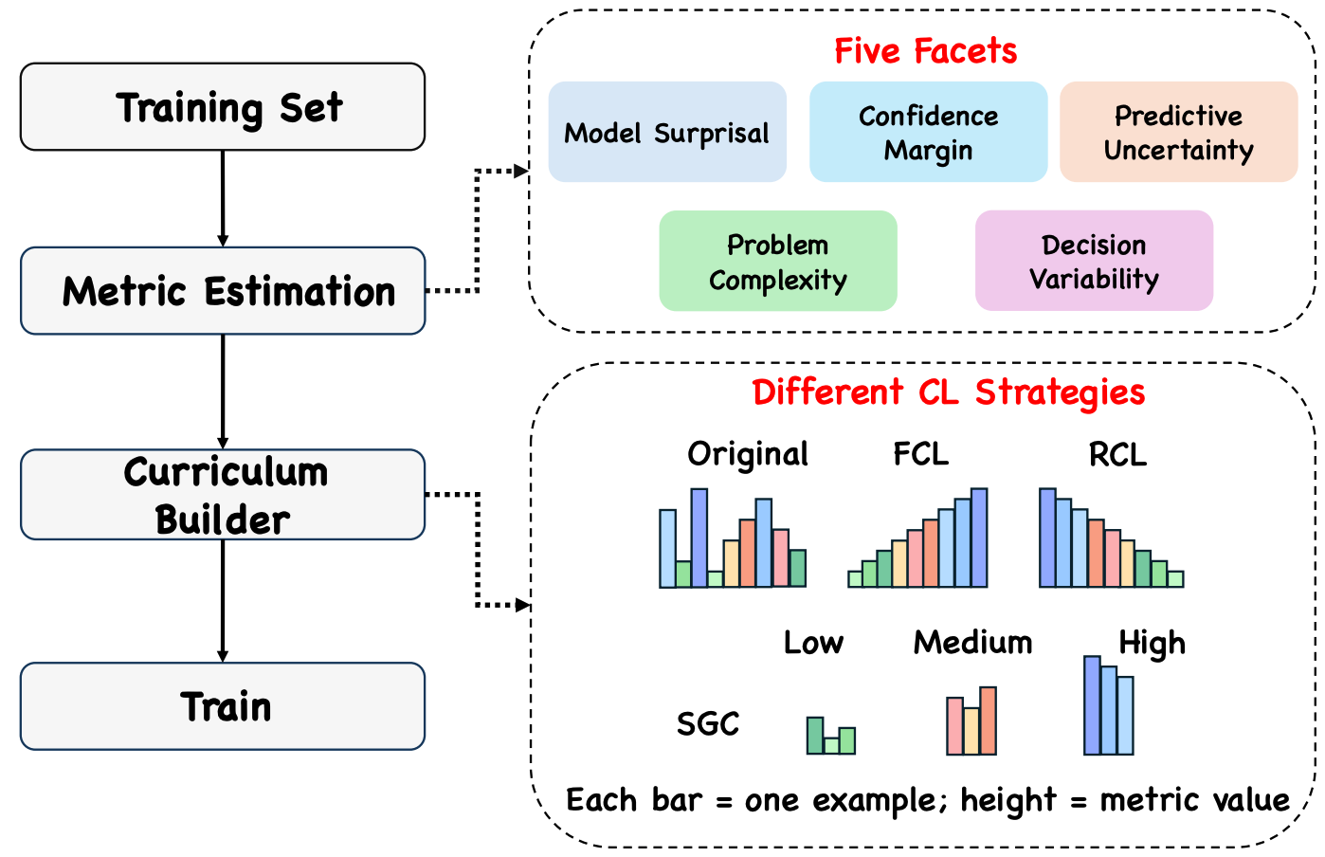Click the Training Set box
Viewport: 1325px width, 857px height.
[223, 107]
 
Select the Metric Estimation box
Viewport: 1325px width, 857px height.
[223, 291]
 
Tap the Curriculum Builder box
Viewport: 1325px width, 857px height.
[223, 495]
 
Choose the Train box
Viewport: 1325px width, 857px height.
[223, 706]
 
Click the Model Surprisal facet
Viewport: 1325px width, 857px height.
[667, 132]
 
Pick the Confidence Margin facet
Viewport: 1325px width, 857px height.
[928, 132]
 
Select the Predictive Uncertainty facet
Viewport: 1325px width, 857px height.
[1178, 132]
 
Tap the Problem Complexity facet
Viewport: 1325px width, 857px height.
[778, 261]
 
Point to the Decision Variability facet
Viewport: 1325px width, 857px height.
[1094, 261]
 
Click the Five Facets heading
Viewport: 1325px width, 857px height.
[925, 50]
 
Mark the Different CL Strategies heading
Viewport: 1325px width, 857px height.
[948, 392]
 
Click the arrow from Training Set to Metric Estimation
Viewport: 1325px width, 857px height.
[223, 198]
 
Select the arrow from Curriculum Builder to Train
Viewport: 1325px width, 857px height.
[223, 600]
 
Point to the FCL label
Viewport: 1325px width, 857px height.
[920, 454]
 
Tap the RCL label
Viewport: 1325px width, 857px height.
[1117, 455]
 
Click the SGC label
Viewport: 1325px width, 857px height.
[707, 724]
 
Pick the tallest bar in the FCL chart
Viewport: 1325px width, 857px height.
[979, 538]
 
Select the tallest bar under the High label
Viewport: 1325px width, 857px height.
[1092, 705]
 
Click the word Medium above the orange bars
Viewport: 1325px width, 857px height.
[972, 643]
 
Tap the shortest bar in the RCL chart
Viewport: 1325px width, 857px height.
[1175, 578]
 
